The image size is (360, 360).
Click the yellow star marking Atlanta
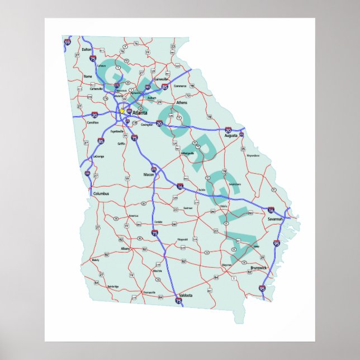(x=122, y=111)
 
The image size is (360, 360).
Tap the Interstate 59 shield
(x=68, y=42)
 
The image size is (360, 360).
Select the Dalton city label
(x=86, y=49)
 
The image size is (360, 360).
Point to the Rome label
(x=88, y=76)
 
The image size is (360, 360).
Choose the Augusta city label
(x=230, y=135)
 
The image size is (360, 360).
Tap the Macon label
(x=149, y=175)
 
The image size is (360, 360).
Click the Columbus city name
(x=101, y=193)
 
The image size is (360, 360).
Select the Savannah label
(x=276, y=219)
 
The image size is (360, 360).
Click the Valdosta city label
(x=186, y=295)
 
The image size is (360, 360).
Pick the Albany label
(x=125, y=248)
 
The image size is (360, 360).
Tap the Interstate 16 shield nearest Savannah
(x=271, y=210)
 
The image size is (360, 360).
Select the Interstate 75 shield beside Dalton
(x=93, y=58)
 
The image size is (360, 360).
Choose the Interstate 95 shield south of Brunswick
(x=262, y=288)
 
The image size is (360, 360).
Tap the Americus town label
(x=134, y=215)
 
